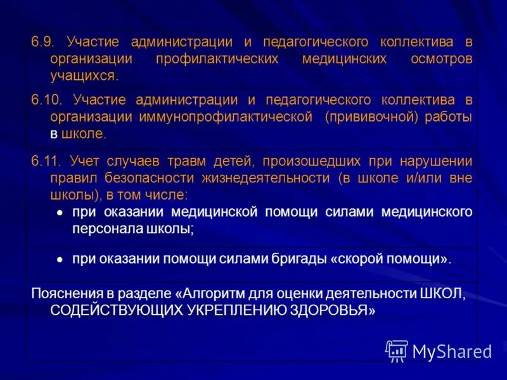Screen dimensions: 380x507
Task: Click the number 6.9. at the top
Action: coord(42,42)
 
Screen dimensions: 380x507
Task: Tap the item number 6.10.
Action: coord(46,100)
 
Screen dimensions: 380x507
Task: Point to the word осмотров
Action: coord(441,60)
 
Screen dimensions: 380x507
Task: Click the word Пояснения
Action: coord(63,294)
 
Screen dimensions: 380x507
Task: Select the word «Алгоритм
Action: coord(212,294)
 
